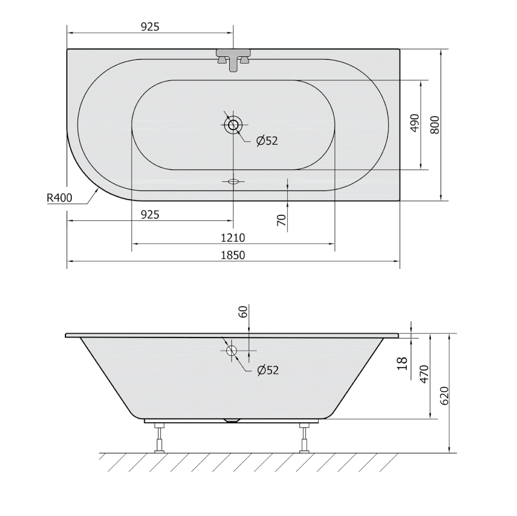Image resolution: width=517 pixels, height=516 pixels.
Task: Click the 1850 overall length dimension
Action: coord(233,255)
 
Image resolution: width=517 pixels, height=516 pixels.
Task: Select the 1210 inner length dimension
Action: coord(233,238)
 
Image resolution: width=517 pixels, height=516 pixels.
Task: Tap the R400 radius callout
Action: coord(59,197)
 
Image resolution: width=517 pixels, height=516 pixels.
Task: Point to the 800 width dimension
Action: coord(435,125)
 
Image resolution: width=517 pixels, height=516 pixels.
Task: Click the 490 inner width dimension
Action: coord(415,123)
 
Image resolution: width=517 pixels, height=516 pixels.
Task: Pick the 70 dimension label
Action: coord(281,220)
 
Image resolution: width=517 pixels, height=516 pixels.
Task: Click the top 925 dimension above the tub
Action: coord(150,26)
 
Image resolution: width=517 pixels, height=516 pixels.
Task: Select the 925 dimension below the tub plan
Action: coord(150,215)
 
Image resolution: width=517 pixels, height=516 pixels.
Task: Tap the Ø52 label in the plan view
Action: coord(267,141)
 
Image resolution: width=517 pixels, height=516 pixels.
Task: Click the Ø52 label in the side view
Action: coord(268,370)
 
